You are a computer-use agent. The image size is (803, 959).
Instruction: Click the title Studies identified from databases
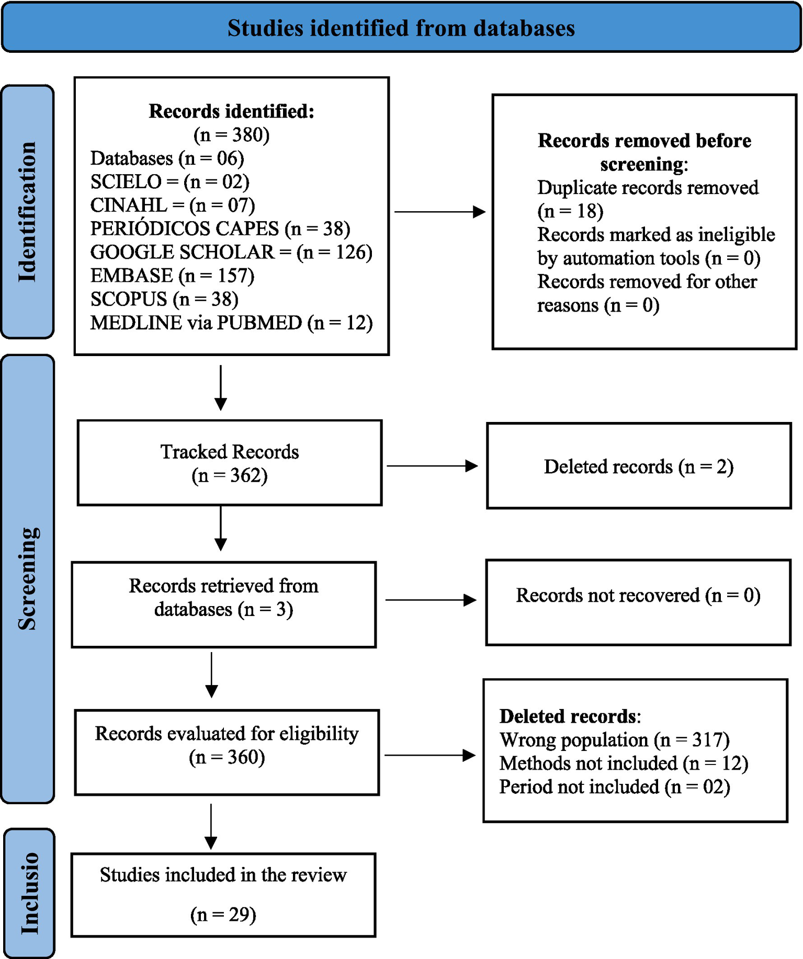point(401,28)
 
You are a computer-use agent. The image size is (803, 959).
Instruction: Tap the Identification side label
point(27,212)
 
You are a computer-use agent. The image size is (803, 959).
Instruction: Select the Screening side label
point(27,578)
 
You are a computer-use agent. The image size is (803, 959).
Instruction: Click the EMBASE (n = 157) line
point(172,276)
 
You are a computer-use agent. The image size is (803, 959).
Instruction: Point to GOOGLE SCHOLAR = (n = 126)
point(231,252)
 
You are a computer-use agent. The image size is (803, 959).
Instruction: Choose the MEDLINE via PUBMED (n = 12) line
point(231,323)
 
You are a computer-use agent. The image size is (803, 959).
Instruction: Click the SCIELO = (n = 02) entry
point(169,181)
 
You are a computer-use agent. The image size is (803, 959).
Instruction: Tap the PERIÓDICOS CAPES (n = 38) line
point(220,229)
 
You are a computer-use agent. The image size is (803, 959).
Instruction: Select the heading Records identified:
point(231,111)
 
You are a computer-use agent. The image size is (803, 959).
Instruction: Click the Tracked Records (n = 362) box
point(230,463)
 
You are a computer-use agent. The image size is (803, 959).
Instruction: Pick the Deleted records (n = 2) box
point(638,466)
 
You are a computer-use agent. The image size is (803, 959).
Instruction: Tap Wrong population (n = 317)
point(614,740)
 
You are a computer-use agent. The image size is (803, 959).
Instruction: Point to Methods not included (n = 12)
point(624,763)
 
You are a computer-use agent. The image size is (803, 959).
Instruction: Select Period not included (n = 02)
point(614,787)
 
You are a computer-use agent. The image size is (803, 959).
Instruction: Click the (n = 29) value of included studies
point(223,914)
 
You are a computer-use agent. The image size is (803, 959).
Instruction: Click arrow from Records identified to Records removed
point(439,212)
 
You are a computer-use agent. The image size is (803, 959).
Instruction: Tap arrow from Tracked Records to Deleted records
point(432,466)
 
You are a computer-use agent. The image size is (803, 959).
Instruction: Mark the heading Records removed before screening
point(644,152)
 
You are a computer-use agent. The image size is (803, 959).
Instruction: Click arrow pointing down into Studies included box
point(211,826)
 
